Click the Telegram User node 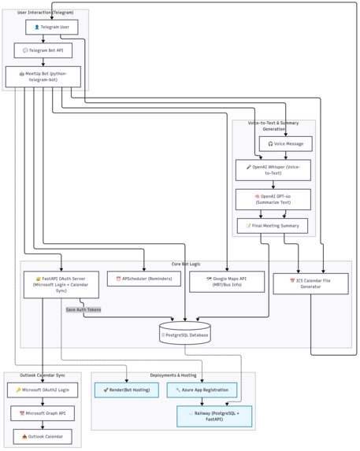point(52,27)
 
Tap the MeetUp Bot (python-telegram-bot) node point(43,76)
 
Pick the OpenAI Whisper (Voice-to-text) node point(273,170)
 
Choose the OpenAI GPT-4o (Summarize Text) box point(273,199)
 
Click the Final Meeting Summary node point(273,226)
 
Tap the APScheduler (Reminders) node point(143,279)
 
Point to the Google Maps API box point(226,282)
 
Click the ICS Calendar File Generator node point(310,283)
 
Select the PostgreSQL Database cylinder point(184,333)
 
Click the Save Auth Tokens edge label point(83,309)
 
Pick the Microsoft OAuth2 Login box point(43,390)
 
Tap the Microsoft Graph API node point(43,413)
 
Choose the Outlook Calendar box point(43,436)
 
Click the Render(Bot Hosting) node point(126,390)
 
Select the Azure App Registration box point(202,390)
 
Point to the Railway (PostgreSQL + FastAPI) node point(214,416)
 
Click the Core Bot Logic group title point(186,264)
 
